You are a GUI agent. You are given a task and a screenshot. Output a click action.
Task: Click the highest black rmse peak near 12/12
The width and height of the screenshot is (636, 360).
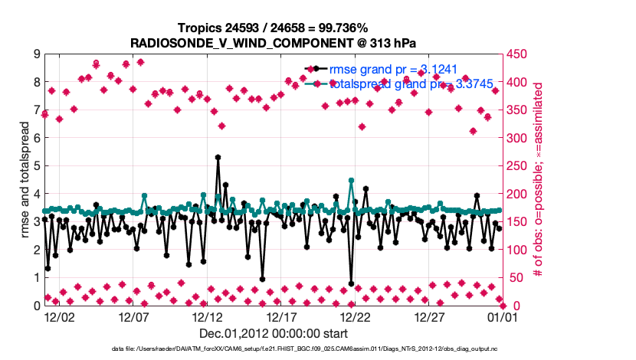point(218,157)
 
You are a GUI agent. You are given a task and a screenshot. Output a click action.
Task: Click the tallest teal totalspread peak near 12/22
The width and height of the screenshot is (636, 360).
point(351,181)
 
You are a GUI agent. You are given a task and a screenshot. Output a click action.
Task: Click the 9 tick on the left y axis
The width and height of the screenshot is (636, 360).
point(36,54)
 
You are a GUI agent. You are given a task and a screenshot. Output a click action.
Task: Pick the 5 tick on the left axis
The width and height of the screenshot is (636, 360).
point(36,166)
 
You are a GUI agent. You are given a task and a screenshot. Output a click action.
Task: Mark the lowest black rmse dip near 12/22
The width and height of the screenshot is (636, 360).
point(351,283)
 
